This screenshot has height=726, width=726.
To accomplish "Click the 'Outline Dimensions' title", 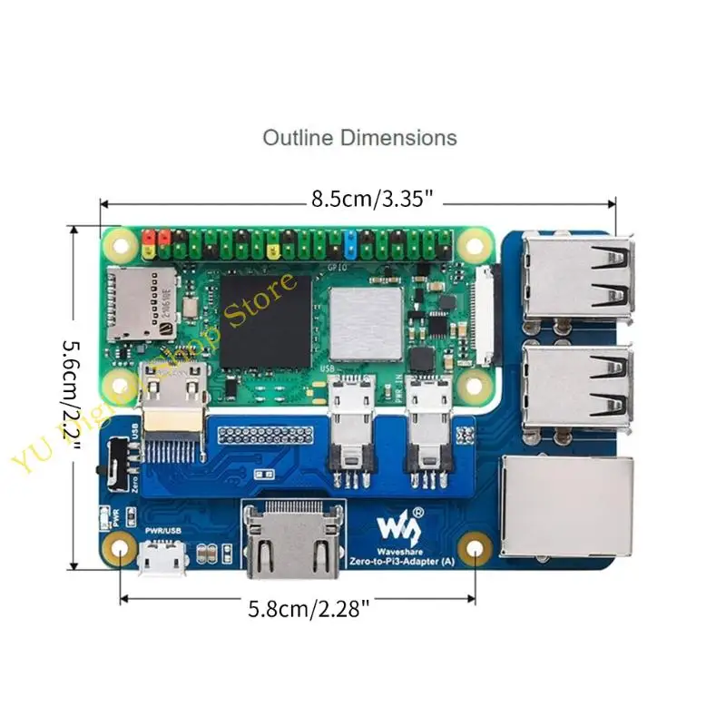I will (x=359, y=139).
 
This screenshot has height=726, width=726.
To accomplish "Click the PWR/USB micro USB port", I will (x=163, y=558).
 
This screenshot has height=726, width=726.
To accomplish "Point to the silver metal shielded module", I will (x=365, y=322).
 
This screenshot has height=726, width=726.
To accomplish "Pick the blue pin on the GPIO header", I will (x=350, y=242).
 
